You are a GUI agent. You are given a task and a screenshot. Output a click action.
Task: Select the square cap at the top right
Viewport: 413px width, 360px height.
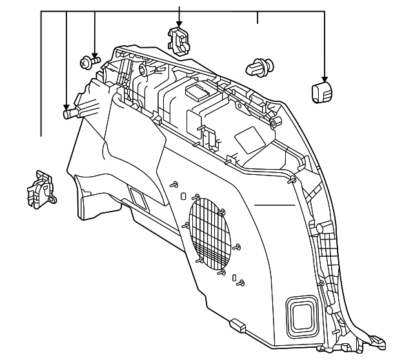pyautogui.click(x=321, y=92)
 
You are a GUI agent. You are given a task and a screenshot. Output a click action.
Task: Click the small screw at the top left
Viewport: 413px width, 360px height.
pyautogui.click(x=89, y=63)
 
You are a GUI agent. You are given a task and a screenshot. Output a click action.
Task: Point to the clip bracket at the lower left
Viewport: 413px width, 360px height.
pyautogui.click(x=41, y=189)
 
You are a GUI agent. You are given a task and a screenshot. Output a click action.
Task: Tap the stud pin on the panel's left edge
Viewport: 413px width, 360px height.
pyautogui.click(x=70, y=114)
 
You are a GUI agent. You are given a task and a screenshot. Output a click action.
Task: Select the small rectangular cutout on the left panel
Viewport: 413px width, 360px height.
pyautogui.click(x=137, y=196)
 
